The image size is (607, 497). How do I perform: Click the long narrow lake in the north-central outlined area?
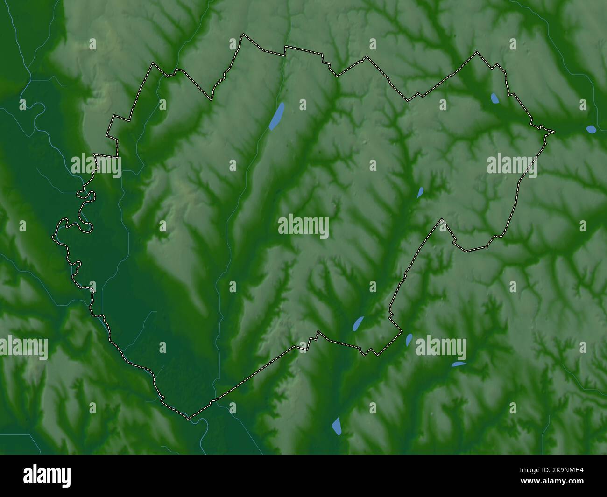[277, 116]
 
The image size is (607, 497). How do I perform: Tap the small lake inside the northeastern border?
[494, 98]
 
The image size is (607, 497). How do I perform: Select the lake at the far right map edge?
[591, 129]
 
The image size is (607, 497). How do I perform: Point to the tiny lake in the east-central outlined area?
[420, 191]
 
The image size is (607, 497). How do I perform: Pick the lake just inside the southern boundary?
[358, 323]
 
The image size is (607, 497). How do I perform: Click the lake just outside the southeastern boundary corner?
[409, 340]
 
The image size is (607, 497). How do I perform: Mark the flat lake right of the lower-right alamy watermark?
[459, 364]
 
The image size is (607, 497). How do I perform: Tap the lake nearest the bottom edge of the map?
[337, 426]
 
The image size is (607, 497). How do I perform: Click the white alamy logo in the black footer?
[47, 476]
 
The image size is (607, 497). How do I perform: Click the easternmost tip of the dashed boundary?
[554, 132]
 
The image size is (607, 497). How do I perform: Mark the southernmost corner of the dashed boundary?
[190, 418]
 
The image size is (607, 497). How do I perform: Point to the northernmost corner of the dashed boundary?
[243, 35]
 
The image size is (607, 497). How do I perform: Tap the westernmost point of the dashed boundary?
[53, 236]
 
